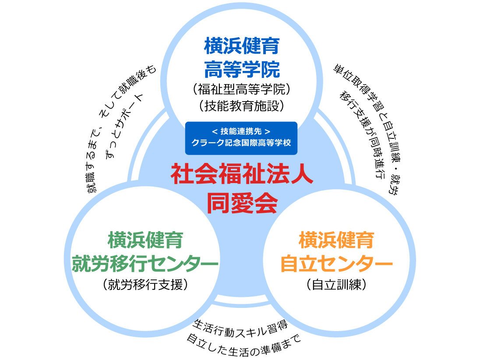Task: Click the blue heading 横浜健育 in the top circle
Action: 241,46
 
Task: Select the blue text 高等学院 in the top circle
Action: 241,68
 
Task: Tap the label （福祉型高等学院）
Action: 241,89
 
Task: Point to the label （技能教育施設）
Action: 241,106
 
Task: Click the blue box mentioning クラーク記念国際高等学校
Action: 241,138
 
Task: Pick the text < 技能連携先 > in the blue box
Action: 241,131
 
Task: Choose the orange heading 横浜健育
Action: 336,240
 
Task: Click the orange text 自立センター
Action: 336,263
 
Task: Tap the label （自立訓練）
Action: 336,285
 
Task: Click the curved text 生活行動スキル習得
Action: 240,327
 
